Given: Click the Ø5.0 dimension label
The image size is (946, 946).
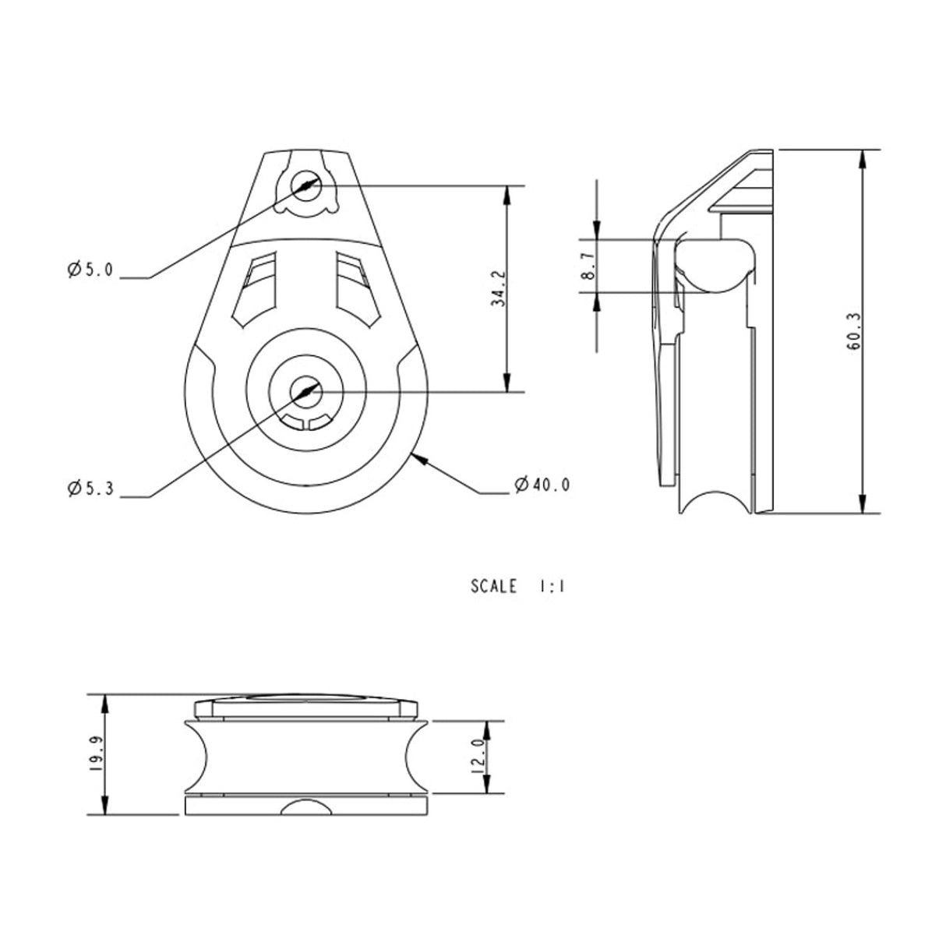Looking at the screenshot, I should click(90, 270).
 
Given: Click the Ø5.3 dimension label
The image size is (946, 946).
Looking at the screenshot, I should click(90, 489).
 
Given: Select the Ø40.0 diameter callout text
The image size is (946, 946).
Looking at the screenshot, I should click(542, 485).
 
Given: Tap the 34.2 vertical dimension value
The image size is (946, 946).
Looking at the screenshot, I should click(499, 289).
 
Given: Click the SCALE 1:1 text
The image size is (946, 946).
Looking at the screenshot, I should click(517, 587).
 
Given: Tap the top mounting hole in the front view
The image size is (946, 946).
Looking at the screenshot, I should click(306, 185).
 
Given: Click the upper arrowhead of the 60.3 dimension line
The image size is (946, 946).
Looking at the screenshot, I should click(862, 157).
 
